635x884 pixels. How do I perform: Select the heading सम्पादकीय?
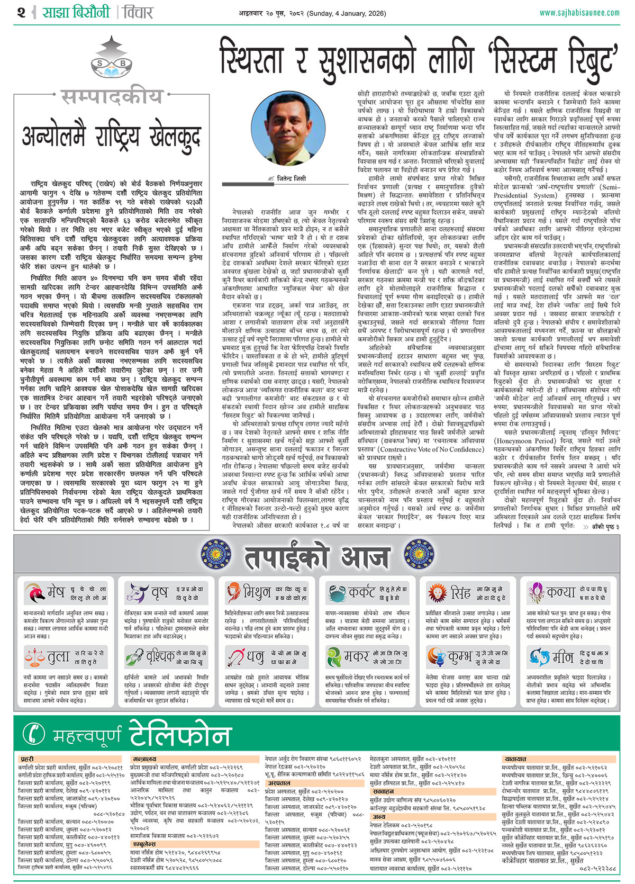coord(112,97)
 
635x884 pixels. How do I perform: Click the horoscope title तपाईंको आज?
coord(317,557)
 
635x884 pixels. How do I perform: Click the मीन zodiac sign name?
coord(563,657)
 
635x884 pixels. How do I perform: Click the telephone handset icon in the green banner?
coord(34,734)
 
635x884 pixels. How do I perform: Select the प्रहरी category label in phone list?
coord(27,759)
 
